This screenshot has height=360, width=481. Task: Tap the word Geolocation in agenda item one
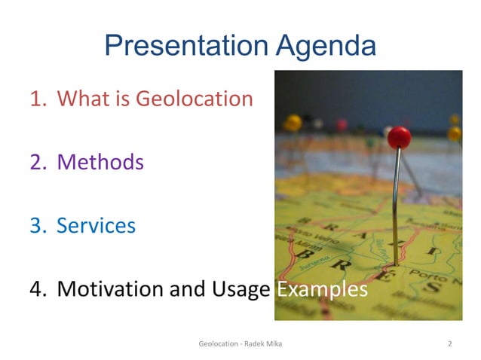point(194,99)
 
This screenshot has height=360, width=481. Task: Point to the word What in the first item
point(82,99)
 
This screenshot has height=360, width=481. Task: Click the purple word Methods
point(100,162)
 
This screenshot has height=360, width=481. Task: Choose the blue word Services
point(97,225)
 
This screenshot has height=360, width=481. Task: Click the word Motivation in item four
point(112,289)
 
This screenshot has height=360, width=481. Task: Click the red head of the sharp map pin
point(399,137)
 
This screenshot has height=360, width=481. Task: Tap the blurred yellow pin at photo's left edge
point(292,122)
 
